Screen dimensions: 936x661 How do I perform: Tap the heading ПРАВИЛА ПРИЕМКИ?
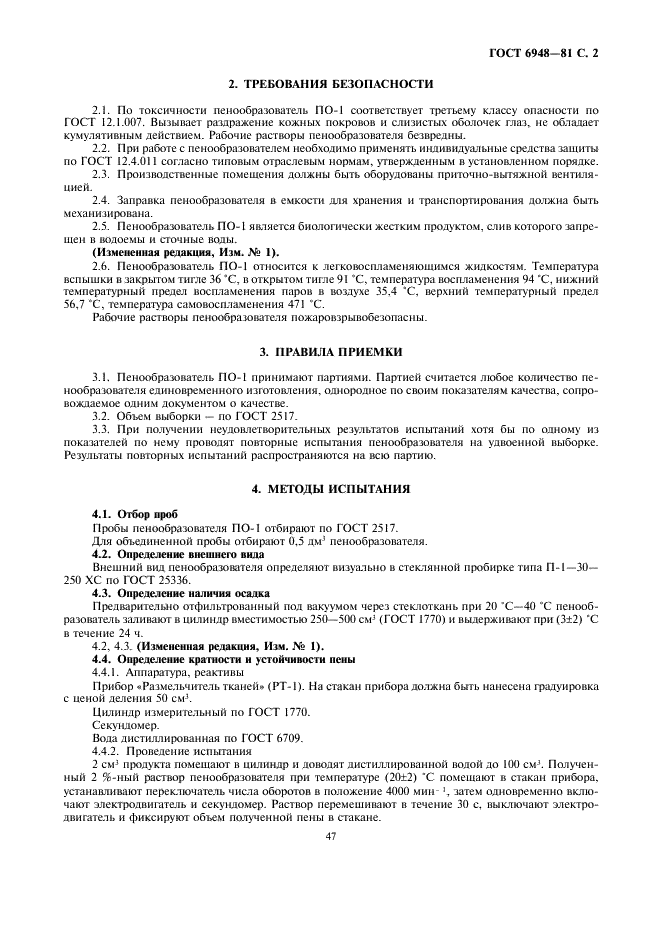(x=331, y=352)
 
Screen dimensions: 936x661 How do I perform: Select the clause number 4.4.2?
(x=108, y=749)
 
